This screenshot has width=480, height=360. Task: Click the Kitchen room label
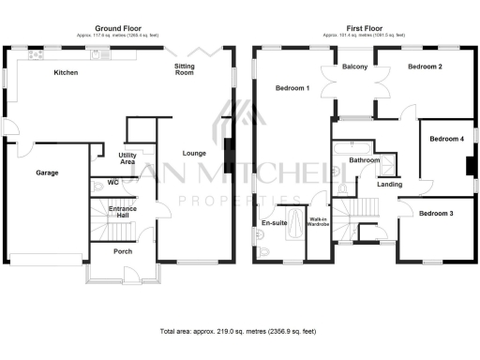coord(66,72)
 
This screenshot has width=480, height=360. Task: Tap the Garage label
coord(48,173)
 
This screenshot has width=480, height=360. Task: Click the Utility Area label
coord(128,158)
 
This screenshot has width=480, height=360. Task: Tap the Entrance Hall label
coord(123,212)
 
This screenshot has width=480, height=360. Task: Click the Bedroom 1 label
coord(292,88)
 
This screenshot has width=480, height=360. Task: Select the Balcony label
coord(354,67)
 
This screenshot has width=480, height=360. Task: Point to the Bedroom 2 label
coord(425,67)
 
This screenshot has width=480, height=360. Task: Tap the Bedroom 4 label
coord(446,139)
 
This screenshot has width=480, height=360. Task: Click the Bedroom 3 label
coord(436,214)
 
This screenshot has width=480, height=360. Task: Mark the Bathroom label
coord(365,160)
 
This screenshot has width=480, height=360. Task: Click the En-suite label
coord(274,223)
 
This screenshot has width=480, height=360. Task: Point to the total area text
coord(239,333)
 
